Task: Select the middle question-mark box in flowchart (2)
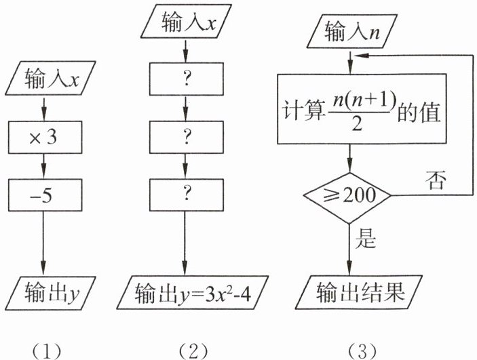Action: pos(185,136)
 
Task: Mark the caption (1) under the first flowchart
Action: pos(43,350)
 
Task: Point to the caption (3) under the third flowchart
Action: pos(357,350)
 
